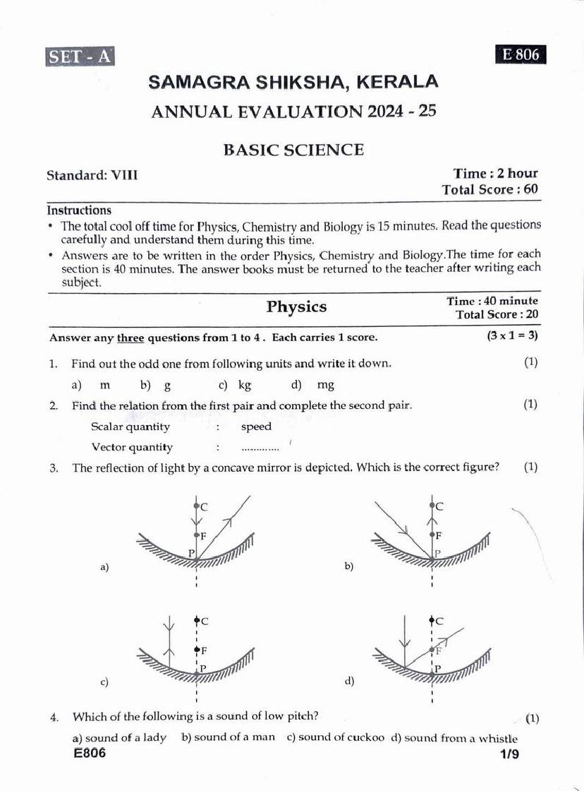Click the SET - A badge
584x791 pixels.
[80, 56]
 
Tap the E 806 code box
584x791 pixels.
[521, 54]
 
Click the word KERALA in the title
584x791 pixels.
[399, 82]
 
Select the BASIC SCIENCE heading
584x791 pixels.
[293, 150]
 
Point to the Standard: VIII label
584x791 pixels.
[92, 174]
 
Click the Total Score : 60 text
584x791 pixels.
[489, 189]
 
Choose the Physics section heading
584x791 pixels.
[296, 307]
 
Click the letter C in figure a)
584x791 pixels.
[205, 506]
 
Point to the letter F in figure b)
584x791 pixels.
[439, 536]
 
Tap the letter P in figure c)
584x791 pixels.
[203, 668]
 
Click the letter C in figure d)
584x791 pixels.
[439, 621]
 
